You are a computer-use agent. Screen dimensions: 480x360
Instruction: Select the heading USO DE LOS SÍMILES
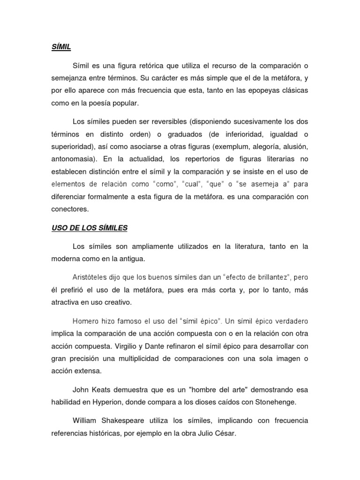[90, 228]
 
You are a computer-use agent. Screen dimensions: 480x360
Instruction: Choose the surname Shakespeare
[128, 421]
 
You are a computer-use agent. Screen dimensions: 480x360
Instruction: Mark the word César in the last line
[224, 434]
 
